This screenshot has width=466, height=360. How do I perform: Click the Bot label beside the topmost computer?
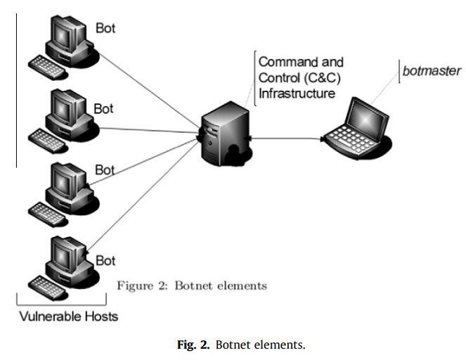tap(105, 28)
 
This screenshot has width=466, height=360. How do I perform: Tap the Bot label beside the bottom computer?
tap(105, 261)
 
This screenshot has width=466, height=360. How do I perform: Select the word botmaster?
tap(432, 71)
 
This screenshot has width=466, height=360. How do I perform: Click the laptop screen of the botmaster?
tap(366, 119)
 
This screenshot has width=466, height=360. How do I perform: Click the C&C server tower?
tap(225, 134)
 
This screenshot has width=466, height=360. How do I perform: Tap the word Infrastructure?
tap(297, 94)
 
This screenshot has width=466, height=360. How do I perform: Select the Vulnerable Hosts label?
tap(69, 316)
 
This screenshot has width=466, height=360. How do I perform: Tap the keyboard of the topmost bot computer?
tap(47, 67)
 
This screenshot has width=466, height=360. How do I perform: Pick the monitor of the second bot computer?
tap(66, 108)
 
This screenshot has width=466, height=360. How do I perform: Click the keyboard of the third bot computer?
tap(47, 214)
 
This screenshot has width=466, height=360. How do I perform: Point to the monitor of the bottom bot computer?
tap(66, 254)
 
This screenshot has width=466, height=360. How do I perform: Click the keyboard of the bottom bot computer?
tap(47, 288)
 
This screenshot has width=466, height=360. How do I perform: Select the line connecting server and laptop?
tap(285, 139)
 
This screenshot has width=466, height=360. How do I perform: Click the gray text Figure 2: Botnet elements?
tap(192, 286)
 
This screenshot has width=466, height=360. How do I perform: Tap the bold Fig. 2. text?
tap(193, 345)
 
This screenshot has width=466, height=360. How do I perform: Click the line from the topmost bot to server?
tap(148, 90)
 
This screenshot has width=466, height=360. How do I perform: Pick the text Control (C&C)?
tap(299, 78)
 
